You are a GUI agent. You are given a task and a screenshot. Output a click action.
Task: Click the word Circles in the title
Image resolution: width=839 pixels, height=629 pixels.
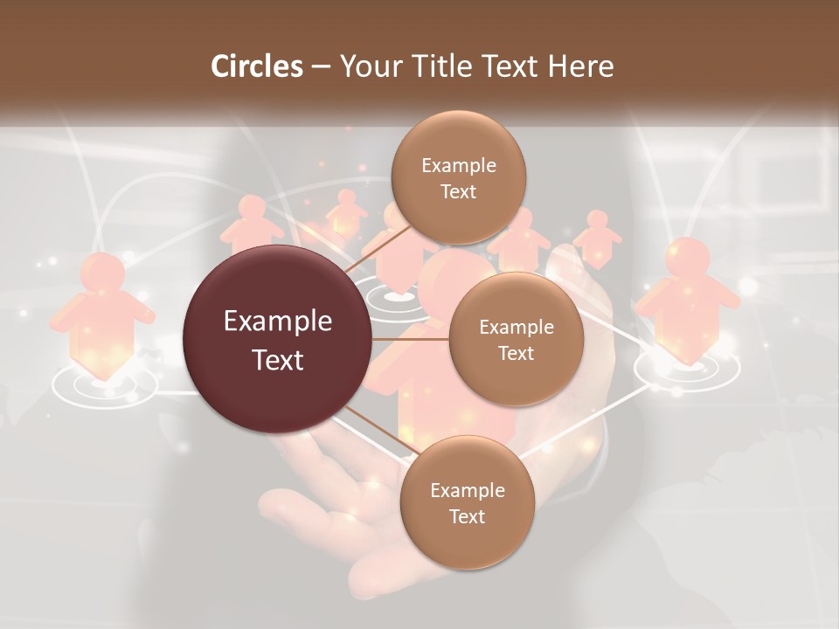pyautogui.click(x=256, y=66)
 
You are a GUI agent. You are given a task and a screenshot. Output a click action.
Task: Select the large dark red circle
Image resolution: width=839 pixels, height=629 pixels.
pyautogui.click(x=278, y=340)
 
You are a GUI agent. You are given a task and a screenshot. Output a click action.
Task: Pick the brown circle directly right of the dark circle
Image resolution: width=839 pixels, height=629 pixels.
pyautogui.click(x=516, y=339)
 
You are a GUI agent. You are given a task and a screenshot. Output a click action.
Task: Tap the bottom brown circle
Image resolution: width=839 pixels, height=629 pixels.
pyautogui.click(x=467, y=502)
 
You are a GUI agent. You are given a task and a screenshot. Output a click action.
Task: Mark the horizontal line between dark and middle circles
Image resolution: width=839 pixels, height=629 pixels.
pyautogui.click(x=411, y=339)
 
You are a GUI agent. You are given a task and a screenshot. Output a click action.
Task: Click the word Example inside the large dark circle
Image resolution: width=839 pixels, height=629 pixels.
pyautogui.click(x=278, y=321)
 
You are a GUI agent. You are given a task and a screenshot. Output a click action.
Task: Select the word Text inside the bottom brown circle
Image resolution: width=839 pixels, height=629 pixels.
pyautogui.click(x=467, y=516)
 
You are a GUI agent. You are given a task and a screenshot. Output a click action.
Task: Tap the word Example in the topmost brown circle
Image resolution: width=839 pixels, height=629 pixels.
pyautogui.click(x=458, y=165)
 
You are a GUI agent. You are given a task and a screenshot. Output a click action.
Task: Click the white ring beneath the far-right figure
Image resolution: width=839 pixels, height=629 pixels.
pyautogui.click(x=686, y=369)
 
